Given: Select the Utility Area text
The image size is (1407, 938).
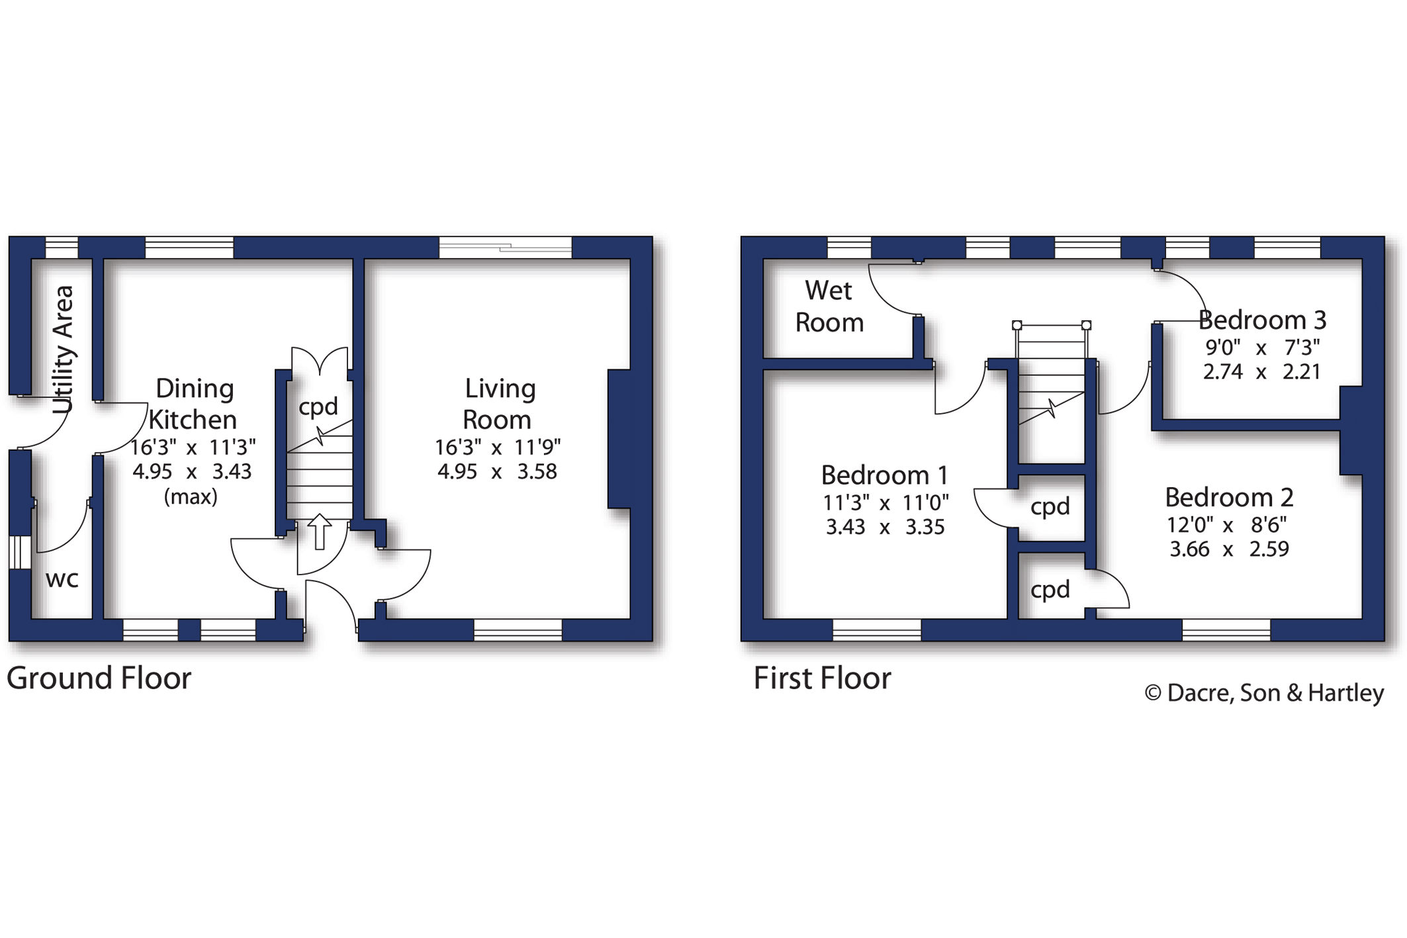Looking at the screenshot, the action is point(63,350).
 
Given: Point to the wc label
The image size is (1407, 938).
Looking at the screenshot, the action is point(62,579).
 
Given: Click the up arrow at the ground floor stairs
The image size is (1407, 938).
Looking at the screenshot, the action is point(320,532).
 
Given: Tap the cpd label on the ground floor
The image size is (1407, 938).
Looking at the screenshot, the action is point(318,406).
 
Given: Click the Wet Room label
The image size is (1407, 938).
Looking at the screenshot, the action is point(829,306).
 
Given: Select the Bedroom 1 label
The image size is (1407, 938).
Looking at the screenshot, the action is point(885,475).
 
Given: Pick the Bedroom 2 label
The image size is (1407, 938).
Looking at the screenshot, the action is point(1229,497).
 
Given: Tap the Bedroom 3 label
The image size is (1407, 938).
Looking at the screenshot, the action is point(1262,320).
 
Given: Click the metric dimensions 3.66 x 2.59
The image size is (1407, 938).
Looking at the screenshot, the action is point(1229,549).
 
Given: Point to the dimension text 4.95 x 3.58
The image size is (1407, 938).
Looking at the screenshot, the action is point(497,472).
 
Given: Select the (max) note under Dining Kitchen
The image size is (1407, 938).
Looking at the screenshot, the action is point(191,496).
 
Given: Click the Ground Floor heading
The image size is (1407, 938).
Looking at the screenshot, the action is point(99,678).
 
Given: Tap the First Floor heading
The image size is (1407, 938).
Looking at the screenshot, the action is point(822,678).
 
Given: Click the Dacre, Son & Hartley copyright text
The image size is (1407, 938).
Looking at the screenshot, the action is point(1264,693).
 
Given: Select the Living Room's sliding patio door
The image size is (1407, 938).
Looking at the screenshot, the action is point(506,247).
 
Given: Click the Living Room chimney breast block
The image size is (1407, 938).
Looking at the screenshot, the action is point(620,439).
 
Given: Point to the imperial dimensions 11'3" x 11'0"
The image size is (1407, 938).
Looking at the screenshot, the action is point(885,503).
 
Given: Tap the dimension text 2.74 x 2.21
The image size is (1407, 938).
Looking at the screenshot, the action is point(1261,372).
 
